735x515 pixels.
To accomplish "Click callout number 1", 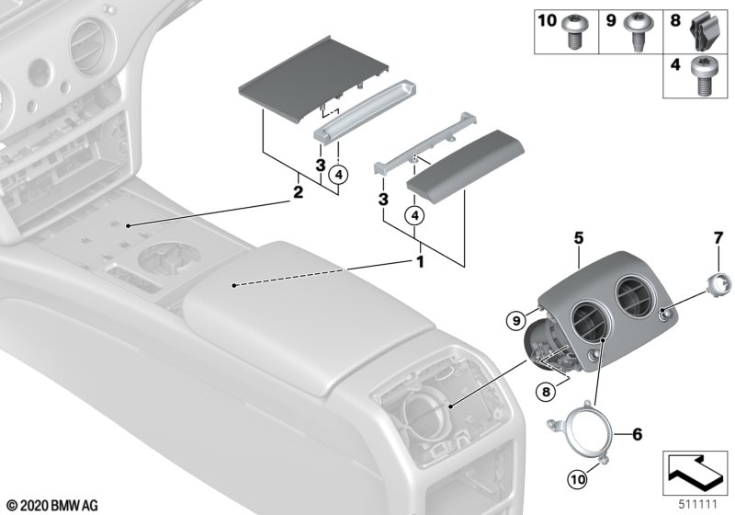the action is click(420, 261).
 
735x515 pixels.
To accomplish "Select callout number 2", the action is click(297, 192).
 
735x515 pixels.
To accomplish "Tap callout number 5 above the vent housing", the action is click(579, 236).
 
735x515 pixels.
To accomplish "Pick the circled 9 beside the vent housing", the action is click(517, 321).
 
